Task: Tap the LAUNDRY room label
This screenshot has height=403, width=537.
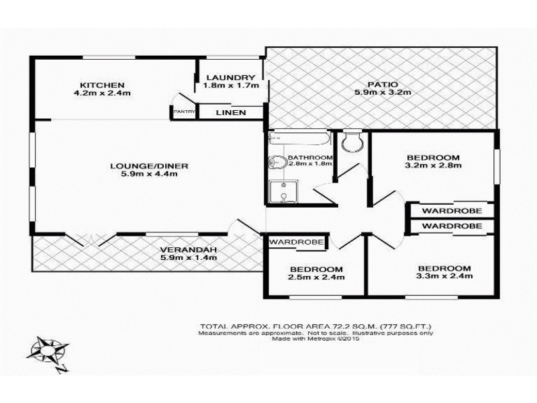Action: [x=230, y=78]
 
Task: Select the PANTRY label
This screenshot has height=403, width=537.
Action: [x=183, y=112]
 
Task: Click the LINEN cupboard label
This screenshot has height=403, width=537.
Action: [x=230, y=112]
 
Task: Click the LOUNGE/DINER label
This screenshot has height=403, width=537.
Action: [x=144, y=165]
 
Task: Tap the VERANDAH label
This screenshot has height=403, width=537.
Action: [x=189, y=251]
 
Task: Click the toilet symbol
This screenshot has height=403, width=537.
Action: [x=351, y=142]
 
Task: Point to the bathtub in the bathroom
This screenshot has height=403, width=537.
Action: [x=299, y=140]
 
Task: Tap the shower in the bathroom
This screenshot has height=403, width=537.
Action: [x=282, y=192]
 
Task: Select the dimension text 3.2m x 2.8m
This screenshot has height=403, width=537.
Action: [x=433, y=167]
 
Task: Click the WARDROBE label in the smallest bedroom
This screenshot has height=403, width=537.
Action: [x=297, y=241]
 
